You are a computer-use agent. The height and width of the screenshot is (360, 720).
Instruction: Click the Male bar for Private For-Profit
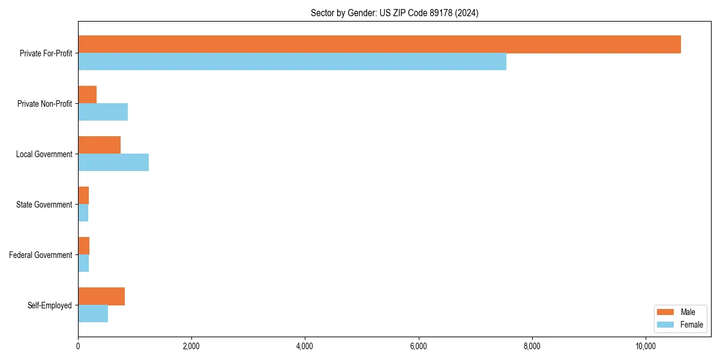[x=379, y=44]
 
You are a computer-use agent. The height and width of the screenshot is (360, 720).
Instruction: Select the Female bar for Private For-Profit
[x=292, y=62]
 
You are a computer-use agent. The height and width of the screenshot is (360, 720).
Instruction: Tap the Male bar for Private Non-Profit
[x=88, y=95]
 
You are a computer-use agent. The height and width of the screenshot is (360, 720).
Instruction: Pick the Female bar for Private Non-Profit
[x=103, y=112]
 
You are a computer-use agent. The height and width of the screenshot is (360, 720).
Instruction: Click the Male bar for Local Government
[x=99, y=145]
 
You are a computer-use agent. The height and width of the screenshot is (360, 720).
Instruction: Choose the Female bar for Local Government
[x=113, y=163]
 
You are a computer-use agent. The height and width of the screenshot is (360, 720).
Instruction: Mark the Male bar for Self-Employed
[x=101, y=296]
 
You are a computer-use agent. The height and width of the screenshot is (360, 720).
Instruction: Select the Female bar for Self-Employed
[x=93, y=314]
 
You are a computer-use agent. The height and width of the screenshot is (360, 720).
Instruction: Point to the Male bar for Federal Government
[x=84, y=246]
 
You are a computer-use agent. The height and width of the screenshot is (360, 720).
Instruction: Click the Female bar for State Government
[x=83, y=213]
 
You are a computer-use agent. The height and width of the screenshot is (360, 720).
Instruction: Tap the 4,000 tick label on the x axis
[x=305, y=346]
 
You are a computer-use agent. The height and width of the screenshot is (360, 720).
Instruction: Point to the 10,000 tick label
[x=646, y=346]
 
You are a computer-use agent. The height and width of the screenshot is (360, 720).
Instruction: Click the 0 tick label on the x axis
[x=78, y=346]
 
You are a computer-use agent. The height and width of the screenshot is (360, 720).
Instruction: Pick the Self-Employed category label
[x=50, y=305]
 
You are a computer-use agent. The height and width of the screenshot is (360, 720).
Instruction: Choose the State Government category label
[x=44, y=205]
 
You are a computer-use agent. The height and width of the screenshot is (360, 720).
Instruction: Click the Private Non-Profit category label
[x=44, y=104]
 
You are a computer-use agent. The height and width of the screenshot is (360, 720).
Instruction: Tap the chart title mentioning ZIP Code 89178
[x=394, y=13]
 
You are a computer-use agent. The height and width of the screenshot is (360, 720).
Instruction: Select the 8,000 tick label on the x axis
[x=532, y=346]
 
